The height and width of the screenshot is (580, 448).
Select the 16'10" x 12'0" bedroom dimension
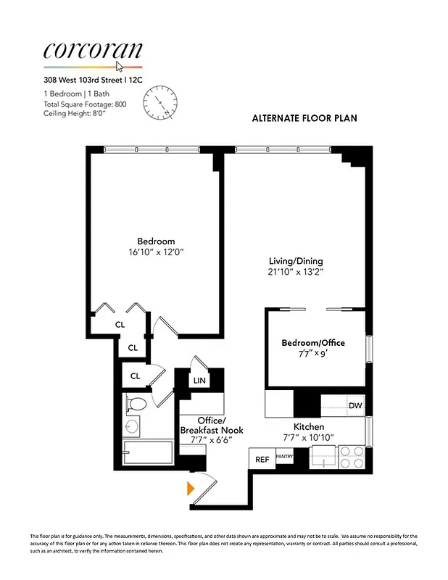(x=156, y=253)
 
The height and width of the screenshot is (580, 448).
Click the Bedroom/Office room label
(x=313, y=342)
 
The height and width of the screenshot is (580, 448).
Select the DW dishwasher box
(x=354, y=406)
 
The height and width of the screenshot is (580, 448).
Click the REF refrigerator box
(x=260, y=459)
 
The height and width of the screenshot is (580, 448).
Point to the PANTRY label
(x=283, y=457)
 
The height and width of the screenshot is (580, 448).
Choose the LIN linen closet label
(x=199, y=379)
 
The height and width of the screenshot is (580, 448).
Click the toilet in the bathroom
(x=136, y=403)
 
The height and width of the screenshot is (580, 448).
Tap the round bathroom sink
(x=132, y=426)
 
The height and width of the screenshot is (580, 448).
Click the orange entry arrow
(x=191, y=488)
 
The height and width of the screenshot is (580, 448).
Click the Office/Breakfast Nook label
(x=212, y=426)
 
